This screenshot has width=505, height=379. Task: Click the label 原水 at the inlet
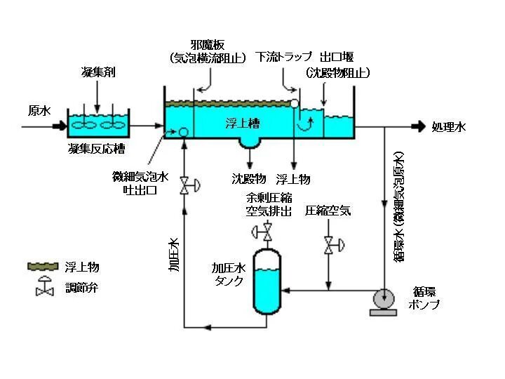[38, 110]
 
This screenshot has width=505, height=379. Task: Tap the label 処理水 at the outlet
[449, 127]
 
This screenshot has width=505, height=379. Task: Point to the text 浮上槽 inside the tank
[243, 124]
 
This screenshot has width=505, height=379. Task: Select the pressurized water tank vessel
[267, 281]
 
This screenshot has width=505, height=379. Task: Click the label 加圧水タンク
[228, 274]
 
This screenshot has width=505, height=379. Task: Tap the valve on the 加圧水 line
[185, 185]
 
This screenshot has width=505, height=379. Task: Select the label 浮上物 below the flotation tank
[293, 178]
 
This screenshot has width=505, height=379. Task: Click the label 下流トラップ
[283, 56]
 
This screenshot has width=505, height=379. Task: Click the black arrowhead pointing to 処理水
[419, 127]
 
